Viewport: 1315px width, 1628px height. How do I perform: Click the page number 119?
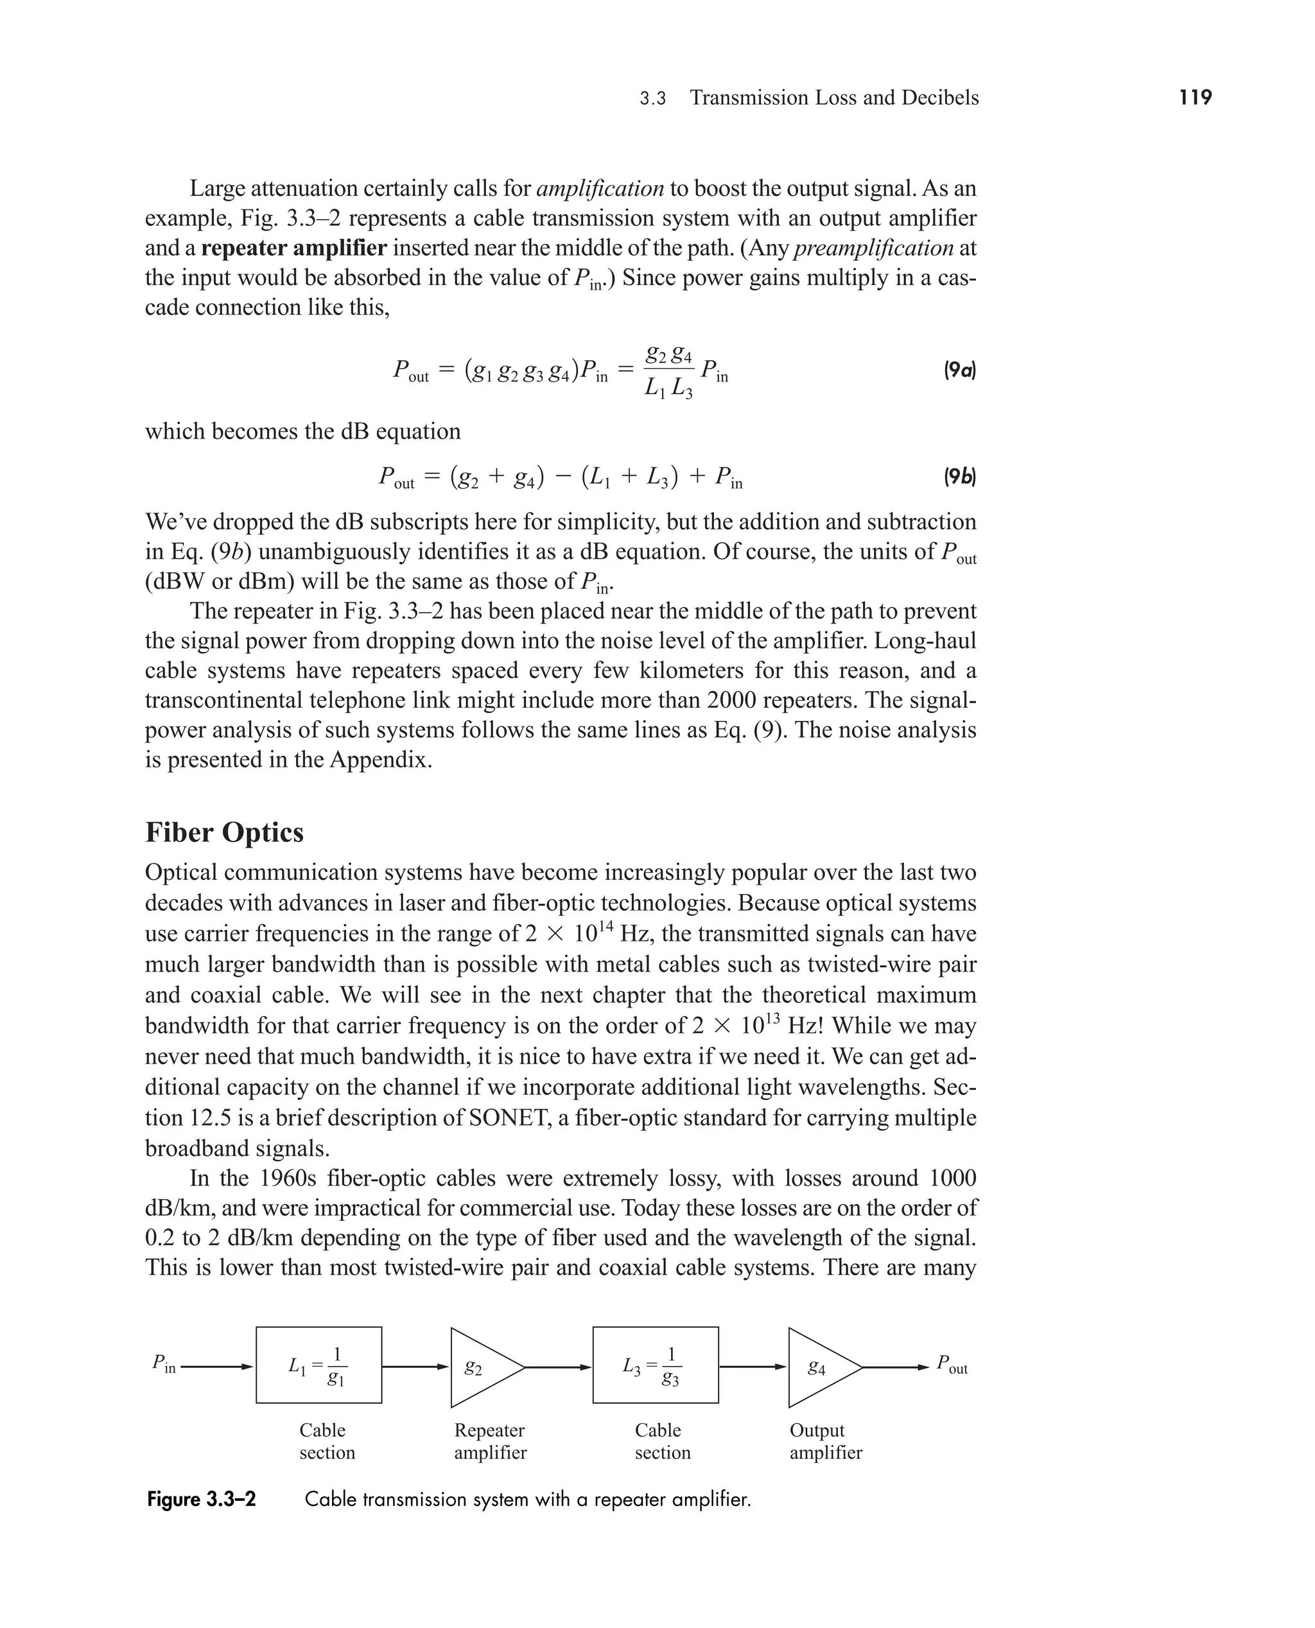coord(1196,98)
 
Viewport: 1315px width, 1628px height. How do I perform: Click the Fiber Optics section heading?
coord(224,832)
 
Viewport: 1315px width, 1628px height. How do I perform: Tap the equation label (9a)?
coord(959,371)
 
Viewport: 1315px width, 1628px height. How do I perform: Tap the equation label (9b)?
coord(959,477)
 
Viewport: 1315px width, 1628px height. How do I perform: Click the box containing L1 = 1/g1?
coord(319,1365)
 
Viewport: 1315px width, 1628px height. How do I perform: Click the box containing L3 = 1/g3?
coord(655,1365)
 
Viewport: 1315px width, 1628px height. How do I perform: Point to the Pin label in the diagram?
coord(164,1363)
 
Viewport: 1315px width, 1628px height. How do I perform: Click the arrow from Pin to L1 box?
coord(216,1367)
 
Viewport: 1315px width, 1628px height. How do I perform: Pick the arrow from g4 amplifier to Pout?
coord(895,1367)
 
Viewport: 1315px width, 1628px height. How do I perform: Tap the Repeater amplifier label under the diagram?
coord(489,1442)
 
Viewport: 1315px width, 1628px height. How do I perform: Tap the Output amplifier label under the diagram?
coord(825,1442)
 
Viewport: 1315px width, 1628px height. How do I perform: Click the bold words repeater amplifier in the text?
coord(294,249)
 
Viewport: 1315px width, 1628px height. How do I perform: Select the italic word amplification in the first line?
coord(600,189)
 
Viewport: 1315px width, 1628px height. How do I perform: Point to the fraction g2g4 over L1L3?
coord(668,371)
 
